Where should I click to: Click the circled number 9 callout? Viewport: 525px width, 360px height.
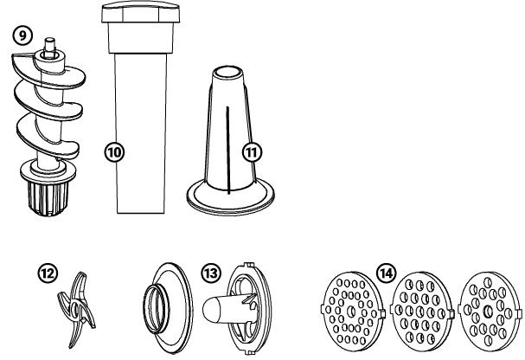(x=24, y=36)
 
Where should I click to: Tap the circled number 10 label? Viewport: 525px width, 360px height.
(x=114, y=150)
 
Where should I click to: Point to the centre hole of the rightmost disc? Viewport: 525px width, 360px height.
(x=489, y=310)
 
